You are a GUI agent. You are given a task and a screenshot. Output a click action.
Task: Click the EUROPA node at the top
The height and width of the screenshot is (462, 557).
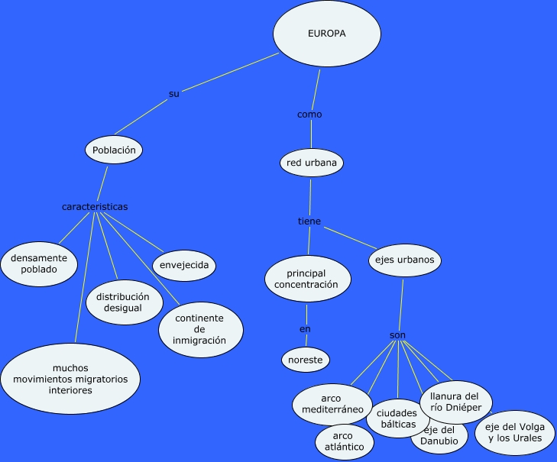click(326, 34)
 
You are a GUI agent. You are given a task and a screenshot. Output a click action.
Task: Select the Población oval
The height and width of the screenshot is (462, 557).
click(114, 150)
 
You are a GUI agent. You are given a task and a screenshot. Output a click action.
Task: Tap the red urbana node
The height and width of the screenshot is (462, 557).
click(311, 163)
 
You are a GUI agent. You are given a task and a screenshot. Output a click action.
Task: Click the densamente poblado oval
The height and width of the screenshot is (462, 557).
click(39, 264)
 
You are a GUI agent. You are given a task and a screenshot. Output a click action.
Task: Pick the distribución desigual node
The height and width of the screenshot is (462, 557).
click(124, 302)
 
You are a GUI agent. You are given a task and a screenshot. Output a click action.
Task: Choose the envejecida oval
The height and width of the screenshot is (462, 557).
click(183, 266)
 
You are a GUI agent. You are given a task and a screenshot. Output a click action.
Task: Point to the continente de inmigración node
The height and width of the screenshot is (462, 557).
click(200, 329)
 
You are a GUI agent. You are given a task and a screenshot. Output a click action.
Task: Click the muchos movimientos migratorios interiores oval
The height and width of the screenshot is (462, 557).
click(70, 379)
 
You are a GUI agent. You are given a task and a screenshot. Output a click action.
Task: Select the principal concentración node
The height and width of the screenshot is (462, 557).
click(306, 279)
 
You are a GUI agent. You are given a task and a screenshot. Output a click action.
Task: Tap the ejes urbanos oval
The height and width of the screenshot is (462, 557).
click(404, 260)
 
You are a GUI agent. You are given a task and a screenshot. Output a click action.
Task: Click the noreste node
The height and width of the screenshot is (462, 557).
click(306, 359)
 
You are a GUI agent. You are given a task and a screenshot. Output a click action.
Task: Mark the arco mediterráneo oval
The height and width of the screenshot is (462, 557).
click(332, 404)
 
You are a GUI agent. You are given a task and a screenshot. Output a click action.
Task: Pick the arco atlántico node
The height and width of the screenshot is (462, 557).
click(344, 441)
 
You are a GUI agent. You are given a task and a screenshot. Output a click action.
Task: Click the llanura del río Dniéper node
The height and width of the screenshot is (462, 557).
click(455, 402)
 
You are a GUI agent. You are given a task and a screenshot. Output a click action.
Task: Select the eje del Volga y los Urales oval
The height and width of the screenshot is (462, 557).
click(514, 432)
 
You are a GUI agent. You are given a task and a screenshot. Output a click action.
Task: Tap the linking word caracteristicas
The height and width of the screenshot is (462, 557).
click(95, 207)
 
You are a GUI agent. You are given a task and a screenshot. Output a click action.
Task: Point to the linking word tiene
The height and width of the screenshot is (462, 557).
click(309, 221)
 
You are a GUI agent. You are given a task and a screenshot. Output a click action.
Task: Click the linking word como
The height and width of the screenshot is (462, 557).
click(309, 115)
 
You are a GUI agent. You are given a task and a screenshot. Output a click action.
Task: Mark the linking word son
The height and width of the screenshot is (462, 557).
click(397, 335)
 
